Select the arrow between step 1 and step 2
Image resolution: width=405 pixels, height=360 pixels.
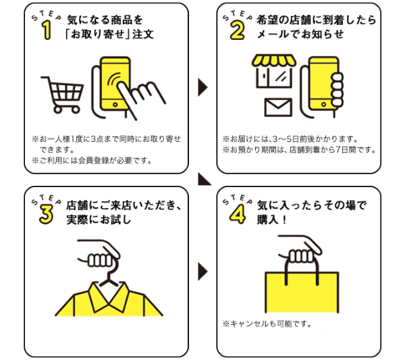[202, 87]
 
